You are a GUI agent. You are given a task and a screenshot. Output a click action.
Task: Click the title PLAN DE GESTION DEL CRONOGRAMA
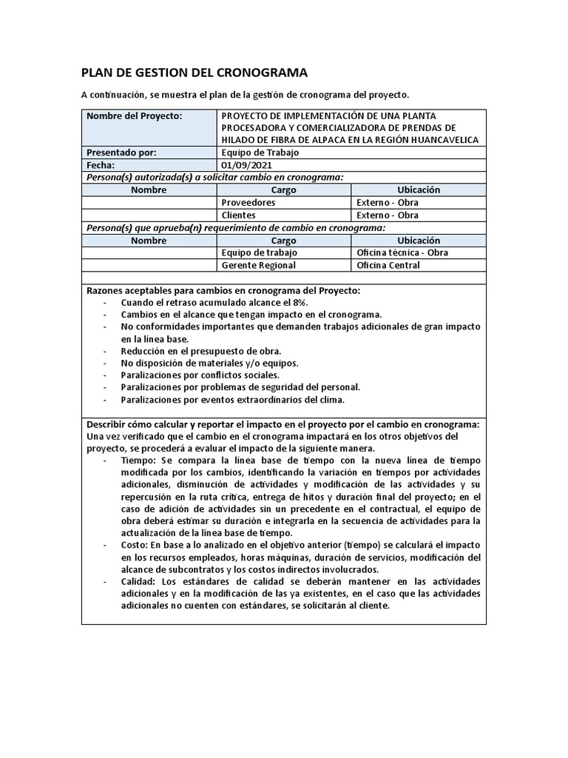click(x=194, y=73)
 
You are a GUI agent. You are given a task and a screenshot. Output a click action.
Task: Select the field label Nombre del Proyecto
click(x=134, y=116)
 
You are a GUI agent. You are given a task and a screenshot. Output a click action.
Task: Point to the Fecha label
click(x=101, y=165)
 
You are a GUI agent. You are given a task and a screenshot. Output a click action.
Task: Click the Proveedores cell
click(x=248, y=202)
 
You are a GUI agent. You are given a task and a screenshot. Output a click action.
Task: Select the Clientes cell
click(x=238, y=215)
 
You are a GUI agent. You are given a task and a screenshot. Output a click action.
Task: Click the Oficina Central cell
click(x=388, y=265)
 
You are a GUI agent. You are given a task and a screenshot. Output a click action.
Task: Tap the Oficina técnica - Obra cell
click(x=402, y=252)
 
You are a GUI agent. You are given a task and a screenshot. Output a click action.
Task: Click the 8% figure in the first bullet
click(x=298, y=303)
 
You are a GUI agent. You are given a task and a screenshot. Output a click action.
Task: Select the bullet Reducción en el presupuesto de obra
click(x=200, y=351)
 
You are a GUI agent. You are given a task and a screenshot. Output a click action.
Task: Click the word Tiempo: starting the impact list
click(x=138, y=460)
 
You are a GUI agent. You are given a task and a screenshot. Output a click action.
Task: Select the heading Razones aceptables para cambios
click(x=223, y=290)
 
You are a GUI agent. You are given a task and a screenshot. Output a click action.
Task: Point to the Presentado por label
click(x=121, y=152)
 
